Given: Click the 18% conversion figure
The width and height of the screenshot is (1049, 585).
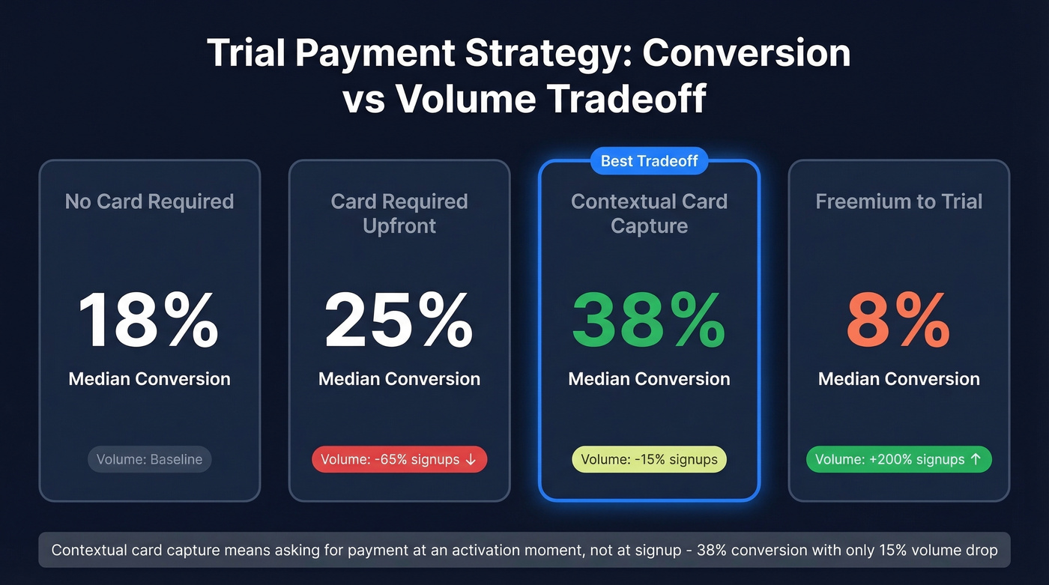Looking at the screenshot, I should click(x=148, y=321).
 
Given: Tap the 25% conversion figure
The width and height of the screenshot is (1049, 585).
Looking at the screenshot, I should click(x=399, y=321).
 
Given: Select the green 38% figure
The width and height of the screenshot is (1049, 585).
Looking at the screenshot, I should click(x=649, y=321).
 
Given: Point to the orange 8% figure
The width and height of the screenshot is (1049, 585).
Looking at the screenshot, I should click(x=898, y=321).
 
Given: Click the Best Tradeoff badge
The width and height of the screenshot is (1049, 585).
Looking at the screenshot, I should click(x=649, y=161).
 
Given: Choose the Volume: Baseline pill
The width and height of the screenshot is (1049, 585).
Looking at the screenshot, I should click(x=150, y=459).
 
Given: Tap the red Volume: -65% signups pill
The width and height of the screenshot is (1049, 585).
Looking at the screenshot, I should click(x=399, y=459).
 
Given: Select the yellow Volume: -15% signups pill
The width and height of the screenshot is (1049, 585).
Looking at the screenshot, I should click(x=649, y=459).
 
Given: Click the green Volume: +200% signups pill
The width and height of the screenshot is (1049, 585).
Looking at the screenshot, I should click(x=898, y=459).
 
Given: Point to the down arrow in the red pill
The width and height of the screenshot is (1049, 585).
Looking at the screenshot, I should click(x=471, y=459).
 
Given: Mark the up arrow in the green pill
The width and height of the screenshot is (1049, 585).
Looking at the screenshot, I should click(x=976, y=459).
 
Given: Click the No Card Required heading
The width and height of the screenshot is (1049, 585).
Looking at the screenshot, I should click(x=149, y=201).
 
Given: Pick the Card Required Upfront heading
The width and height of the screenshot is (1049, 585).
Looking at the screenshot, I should click(x=399, y=213).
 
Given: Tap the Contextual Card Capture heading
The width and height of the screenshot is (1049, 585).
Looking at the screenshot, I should click(x=649, y=213).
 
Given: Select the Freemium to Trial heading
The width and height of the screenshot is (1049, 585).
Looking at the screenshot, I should click(x=898, y=201).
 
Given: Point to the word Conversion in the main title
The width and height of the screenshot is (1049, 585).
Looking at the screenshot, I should click(x=746, y=53).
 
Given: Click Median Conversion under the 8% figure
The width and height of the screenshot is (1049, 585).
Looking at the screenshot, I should click(x=898, y=379).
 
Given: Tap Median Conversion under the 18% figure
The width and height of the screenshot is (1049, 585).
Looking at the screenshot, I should click(x=149, y=379).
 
